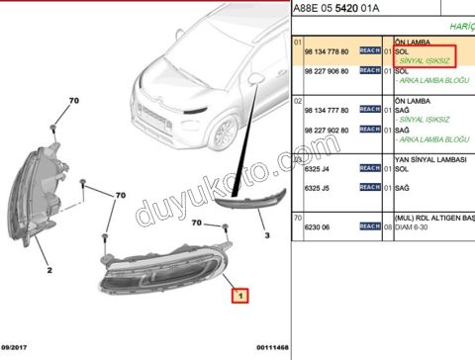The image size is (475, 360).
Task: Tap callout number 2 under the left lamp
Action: (48, 267)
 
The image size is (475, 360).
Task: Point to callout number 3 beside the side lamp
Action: (265, 236)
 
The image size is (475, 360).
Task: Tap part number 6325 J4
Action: (319, 169)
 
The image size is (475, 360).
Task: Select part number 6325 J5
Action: (319, 186)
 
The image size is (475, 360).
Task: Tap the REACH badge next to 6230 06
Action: (370, 226)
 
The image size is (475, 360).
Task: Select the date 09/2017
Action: (17, 347)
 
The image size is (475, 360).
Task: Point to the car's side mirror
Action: (255, 77)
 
